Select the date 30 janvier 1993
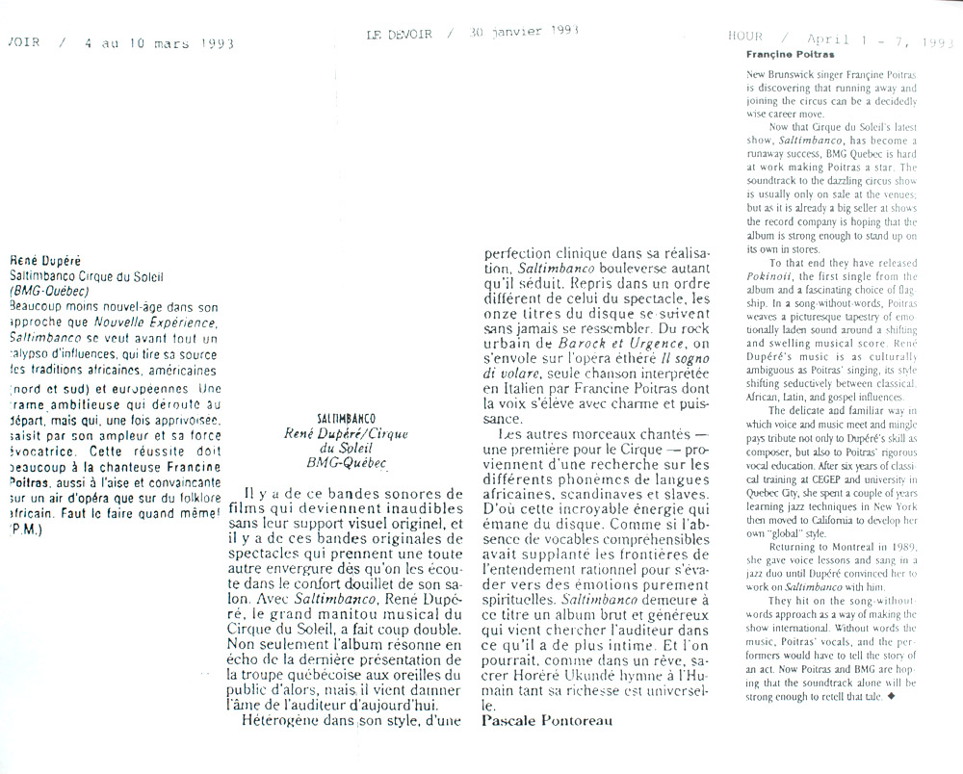click(524, 32)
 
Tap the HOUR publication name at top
click(746, 37)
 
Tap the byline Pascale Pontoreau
click(546, 719)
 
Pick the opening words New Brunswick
click(778, 75)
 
